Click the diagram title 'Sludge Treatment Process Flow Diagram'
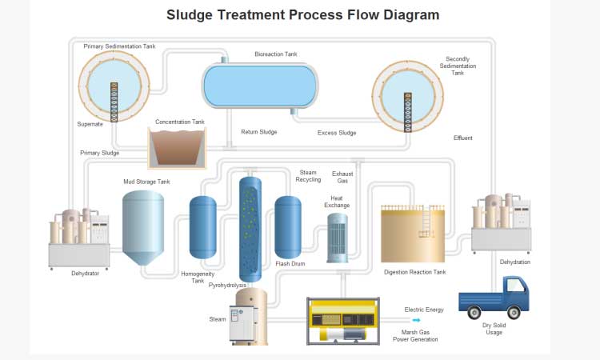coord(302,14)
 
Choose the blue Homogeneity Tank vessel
coord(203,227)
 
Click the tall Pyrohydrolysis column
coord(251,228)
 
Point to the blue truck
coord(494,298)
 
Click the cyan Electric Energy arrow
coord(415,320)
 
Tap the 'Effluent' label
coord(462,138)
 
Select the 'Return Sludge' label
coord(258,132)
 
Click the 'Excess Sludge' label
coord(337,133)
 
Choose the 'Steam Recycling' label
coord(308,176)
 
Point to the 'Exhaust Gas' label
coord(342,177)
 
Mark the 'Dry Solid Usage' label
coord(493,329)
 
